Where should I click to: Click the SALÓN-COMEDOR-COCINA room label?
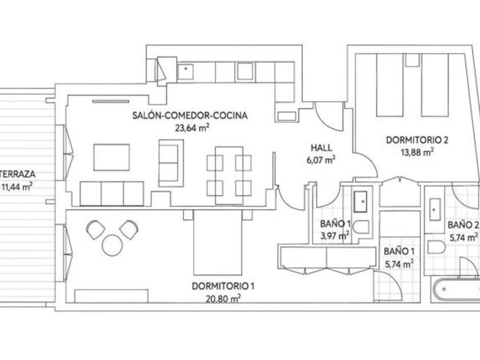point(190,115)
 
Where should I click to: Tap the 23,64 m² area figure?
point(192,127)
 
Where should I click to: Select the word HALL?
point(321,147)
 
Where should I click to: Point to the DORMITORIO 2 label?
point(417,140)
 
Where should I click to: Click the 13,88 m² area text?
point(417,152)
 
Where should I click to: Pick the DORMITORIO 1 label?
point(223,286)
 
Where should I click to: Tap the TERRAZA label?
point(18,174)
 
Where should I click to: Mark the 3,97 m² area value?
point(335,236)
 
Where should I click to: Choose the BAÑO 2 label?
point(463,225)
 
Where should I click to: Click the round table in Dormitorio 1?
point(113,245)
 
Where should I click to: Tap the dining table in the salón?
point(229,175)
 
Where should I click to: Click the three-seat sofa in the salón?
point(112,194)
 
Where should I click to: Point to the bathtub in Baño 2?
point(455,289)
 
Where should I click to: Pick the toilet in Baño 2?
point(437,247)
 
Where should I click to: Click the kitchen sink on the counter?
point(186,71)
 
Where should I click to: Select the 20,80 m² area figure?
point(222,299)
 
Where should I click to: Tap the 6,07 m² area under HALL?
point(321,160)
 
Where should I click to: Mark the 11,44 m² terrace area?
point(17,186)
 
